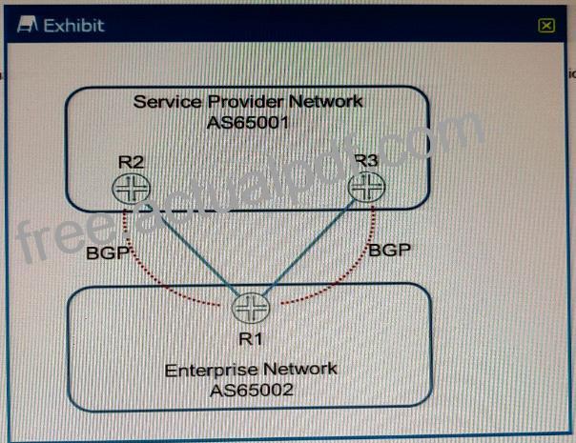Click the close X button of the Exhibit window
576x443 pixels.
(546, 26)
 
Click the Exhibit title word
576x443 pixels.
(73, 26)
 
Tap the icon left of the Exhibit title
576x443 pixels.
(28, 25)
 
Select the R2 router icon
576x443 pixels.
(132, 189)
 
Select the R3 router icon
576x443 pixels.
(366, 187)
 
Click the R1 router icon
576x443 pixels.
(251, 308)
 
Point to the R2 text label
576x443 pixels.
(132, 162)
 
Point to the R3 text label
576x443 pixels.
(366, 160)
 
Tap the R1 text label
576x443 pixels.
(251, 339)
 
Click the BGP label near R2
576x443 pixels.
(108, 252)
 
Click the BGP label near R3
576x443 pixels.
(389, 250)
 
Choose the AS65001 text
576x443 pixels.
(248, 123)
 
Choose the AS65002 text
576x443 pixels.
(252, 391)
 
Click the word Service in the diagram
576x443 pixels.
(168, 102)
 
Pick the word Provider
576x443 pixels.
(246, 102)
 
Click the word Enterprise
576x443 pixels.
(211, 371)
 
